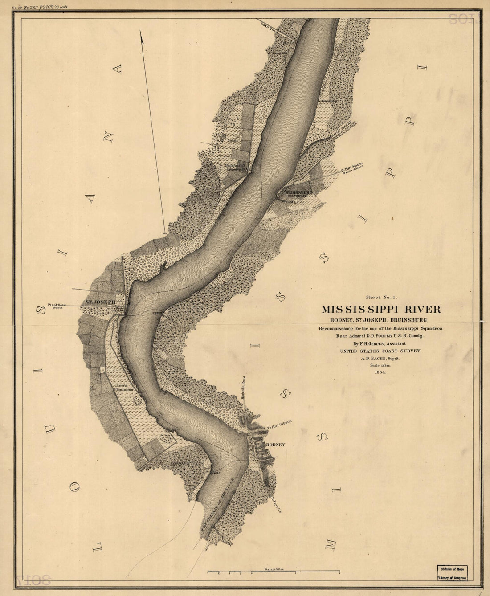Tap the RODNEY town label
(275, 445)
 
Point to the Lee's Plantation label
(123, 387)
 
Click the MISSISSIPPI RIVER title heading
(381, 309)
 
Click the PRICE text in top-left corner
(49, 8)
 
